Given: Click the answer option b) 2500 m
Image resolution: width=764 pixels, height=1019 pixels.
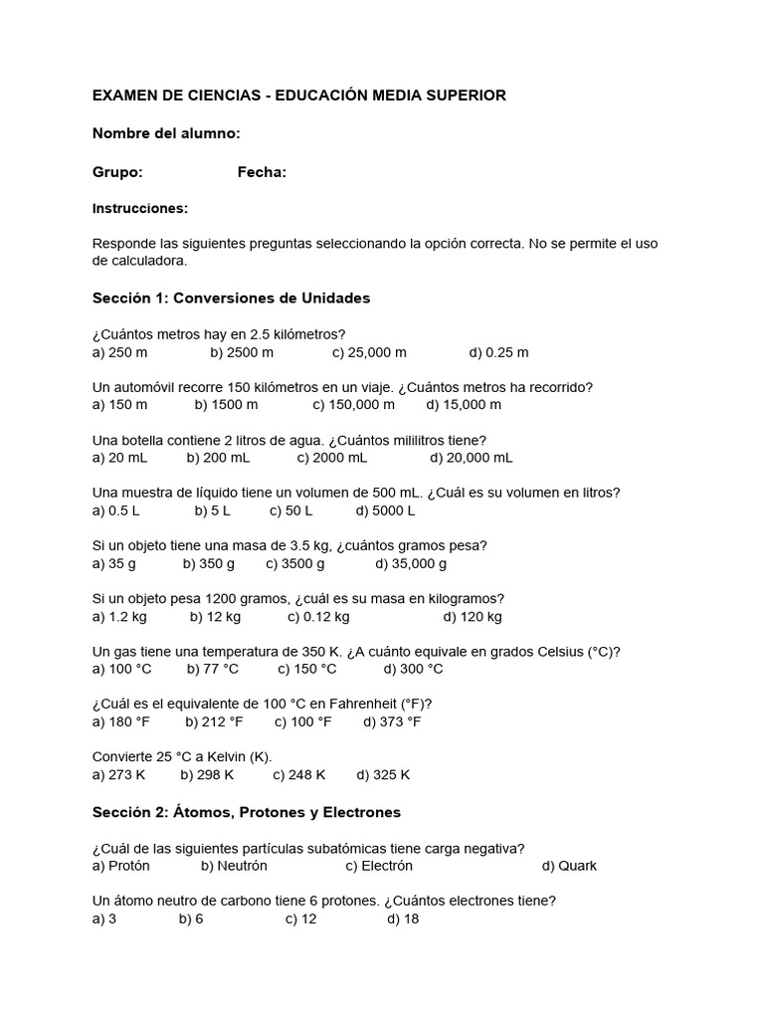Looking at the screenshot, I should pos(242,352).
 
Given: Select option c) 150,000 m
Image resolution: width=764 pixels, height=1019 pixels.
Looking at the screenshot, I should pos(353,405).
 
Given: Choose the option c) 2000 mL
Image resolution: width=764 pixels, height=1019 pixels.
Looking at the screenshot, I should pos(331,458).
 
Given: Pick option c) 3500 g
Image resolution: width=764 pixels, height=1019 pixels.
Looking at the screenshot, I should pos(295,563).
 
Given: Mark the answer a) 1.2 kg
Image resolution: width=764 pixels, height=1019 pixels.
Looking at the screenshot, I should pos(119,616).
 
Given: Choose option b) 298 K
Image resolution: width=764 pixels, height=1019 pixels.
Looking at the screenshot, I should pos(207,774).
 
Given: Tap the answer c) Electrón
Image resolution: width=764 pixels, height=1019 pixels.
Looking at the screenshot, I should pos(379,866).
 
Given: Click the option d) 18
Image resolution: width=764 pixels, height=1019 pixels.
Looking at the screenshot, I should pos(403,918).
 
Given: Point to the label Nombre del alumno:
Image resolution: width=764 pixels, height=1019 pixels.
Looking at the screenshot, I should pos(166,133).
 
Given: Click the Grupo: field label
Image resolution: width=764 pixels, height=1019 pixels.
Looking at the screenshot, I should pos(117,172).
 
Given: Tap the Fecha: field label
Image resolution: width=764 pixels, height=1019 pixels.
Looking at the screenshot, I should pos(262,172).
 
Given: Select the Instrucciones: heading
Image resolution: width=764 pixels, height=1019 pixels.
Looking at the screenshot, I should pos(140,209).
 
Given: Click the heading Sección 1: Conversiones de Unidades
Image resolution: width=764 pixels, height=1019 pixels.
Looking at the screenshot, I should pos(231,298).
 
